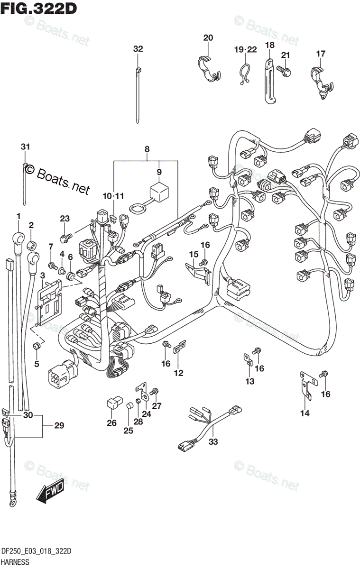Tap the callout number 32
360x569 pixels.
[x=138, y=49]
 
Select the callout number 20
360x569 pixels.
[x=208, y=38]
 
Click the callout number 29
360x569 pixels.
[x=59, y=425]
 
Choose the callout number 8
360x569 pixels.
[x=147, y=149]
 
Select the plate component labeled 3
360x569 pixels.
[x=50, y=302]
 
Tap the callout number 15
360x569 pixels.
[x=193, y=255]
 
